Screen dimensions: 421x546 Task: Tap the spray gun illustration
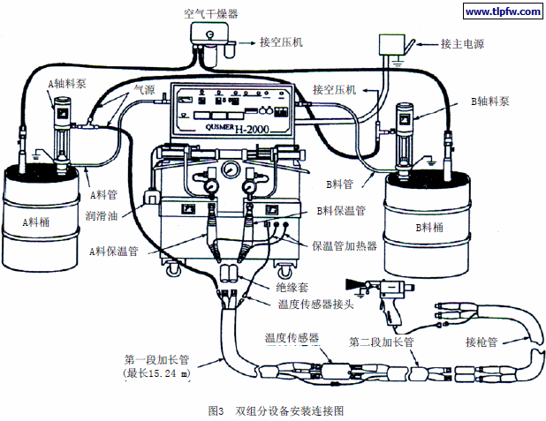375,291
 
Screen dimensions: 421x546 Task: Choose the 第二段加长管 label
381,342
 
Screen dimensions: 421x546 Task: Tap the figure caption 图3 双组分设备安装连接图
274,410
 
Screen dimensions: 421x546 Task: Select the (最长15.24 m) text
157,374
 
